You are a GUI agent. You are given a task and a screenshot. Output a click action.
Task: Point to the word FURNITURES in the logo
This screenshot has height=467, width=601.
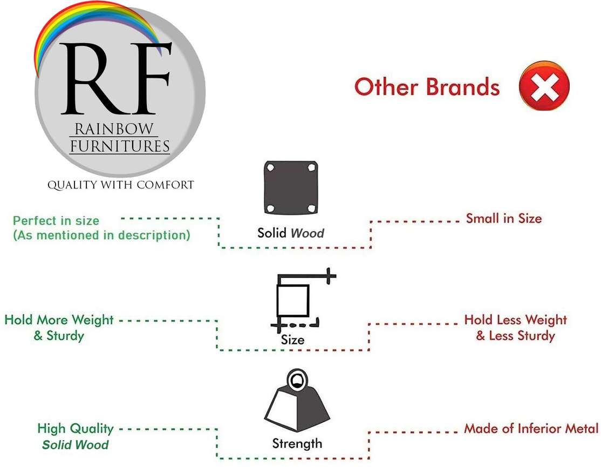tap(120, 146)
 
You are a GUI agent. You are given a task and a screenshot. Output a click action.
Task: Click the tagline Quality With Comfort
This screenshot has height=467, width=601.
tap(120, 185)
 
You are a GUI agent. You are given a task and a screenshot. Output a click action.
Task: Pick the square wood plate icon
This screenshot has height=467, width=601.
tap(290, 187)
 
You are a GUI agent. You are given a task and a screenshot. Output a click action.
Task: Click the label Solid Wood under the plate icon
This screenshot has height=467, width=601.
tap(290, 233)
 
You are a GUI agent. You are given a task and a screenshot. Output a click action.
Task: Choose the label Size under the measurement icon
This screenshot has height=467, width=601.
tap(292, 340)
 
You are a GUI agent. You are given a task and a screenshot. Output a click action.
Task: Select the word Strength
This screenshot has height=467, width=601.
tap(297, 444)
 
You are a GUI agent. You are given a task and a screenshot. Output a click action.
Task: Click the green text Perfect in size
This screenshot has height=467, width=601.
tap(56, 221)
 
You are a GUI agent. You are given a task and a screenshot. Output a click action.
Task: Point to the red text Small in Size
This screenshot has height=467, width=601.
tap(503, 219)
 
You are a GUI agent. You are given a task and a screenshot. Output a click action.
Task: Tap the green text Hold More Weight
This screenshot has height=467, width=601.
tap(59, 320)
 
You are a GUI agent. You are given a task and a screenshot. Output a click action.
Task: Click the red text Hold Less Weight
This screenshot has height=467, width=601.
tap(515, 320)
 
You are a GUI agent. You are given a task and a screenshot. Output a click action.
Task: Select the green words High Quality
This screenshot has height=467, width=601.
tap(75, 429)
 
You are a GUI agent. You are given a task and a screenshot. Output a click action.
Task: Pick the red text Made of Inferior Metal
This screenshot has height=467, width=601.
tap(531, 429)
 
